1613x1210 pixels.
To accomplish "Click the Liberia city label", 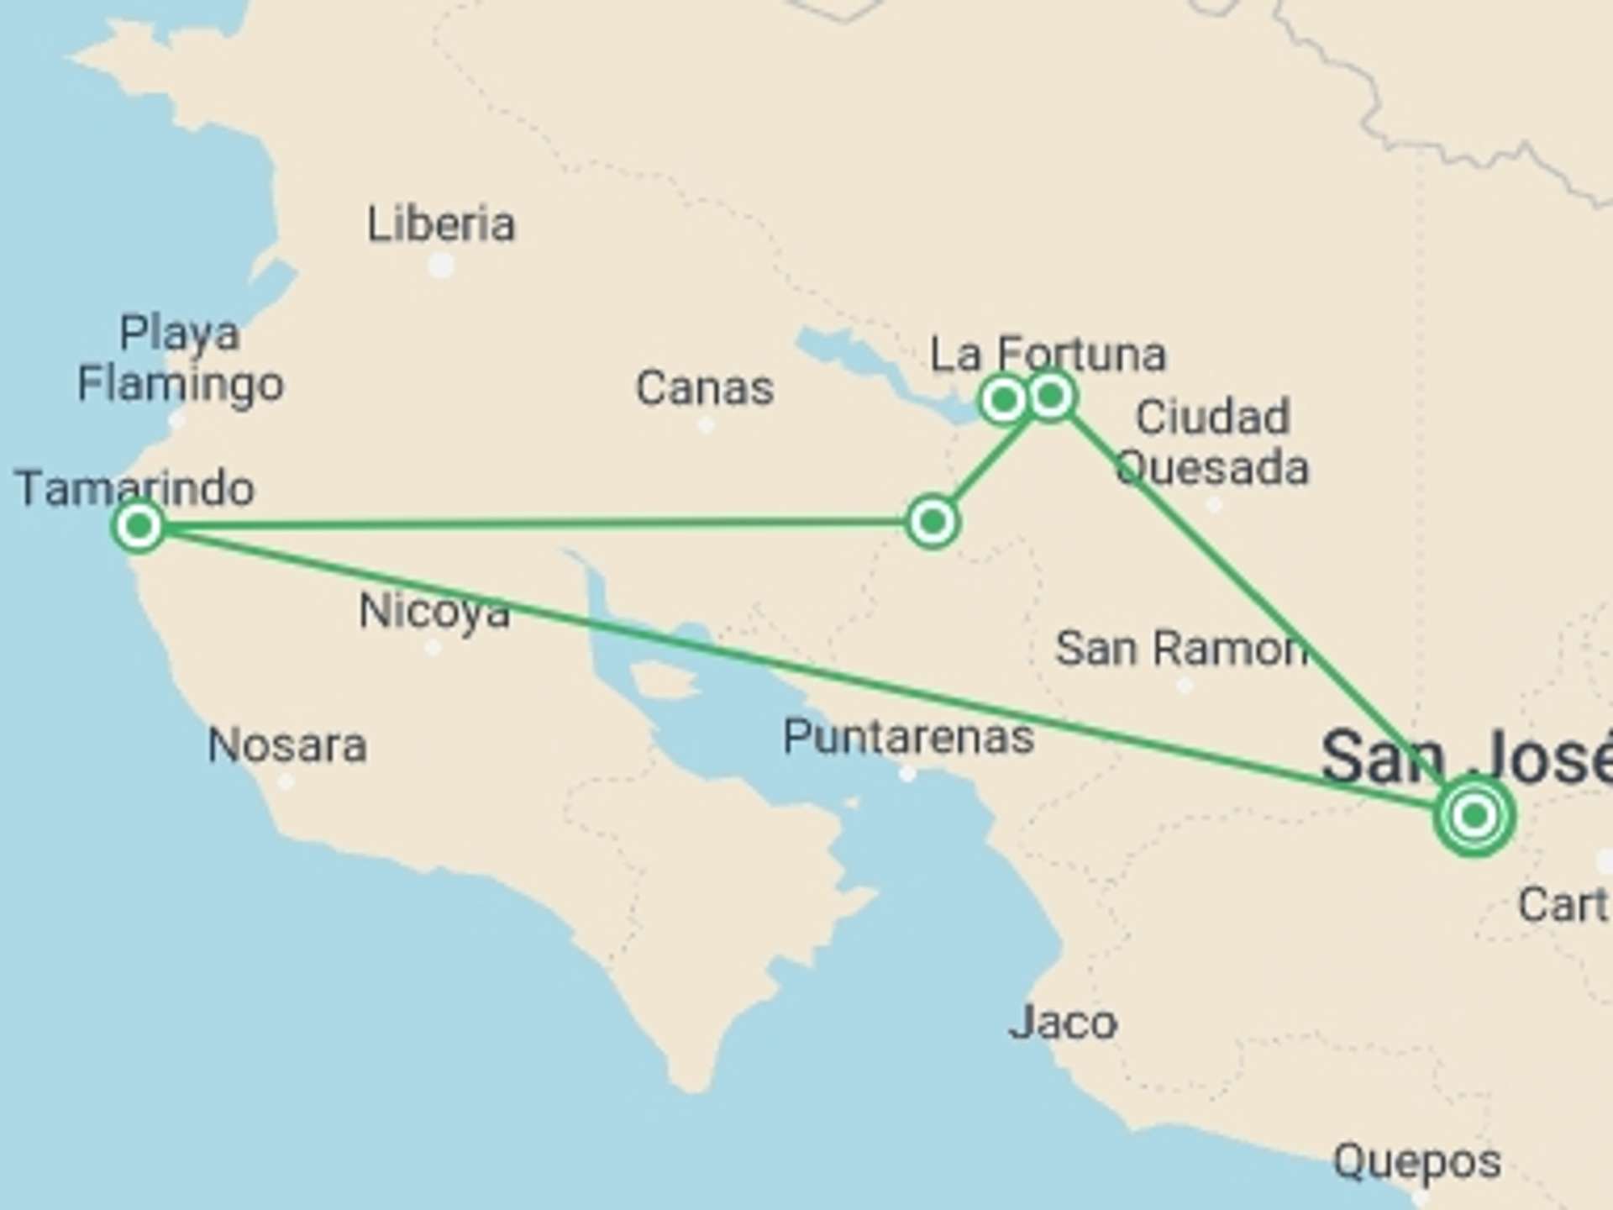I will click(441, 224).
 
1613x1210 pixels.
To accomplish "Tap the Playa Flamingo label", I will click(181, 359).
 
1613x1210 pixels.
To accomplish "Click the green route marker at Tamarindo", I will click(139, 527).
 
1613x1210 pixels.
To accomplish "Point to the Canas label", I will click(704, 388).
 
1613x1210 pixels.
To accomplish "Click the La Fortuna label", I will click(1048, 355).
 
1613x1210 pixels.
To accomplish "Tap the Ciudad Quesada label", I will click(1212, 443).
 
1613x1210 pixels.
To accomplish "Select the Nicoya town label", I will click(434, 611).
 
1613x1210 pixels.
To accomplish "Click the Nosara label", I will click(287, 745).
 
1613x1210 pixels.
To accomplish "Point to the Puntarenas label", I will click(908, 737).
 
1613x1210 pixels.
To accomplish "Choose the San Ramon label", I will click(1180, 649).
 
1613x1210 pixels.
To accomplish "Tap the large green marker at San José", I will click(1474, 815).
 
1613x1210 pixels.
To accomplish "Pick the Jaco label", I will click(1063, 1023).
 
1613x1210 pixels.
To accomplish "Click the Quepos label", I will click(1417, 1162).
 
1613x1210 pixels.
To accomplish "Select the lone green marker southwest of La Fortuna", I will click(932, 522).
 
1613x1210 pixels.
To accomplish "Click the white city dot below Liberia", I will click(441, 266).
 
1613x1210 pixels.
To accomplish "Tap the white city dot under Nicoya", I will click(433, 647).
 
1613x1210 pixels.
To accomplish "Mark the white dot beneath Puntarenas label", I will click(907, 774).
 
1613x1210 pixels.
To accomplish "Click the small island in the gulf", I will click(664, 680).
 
